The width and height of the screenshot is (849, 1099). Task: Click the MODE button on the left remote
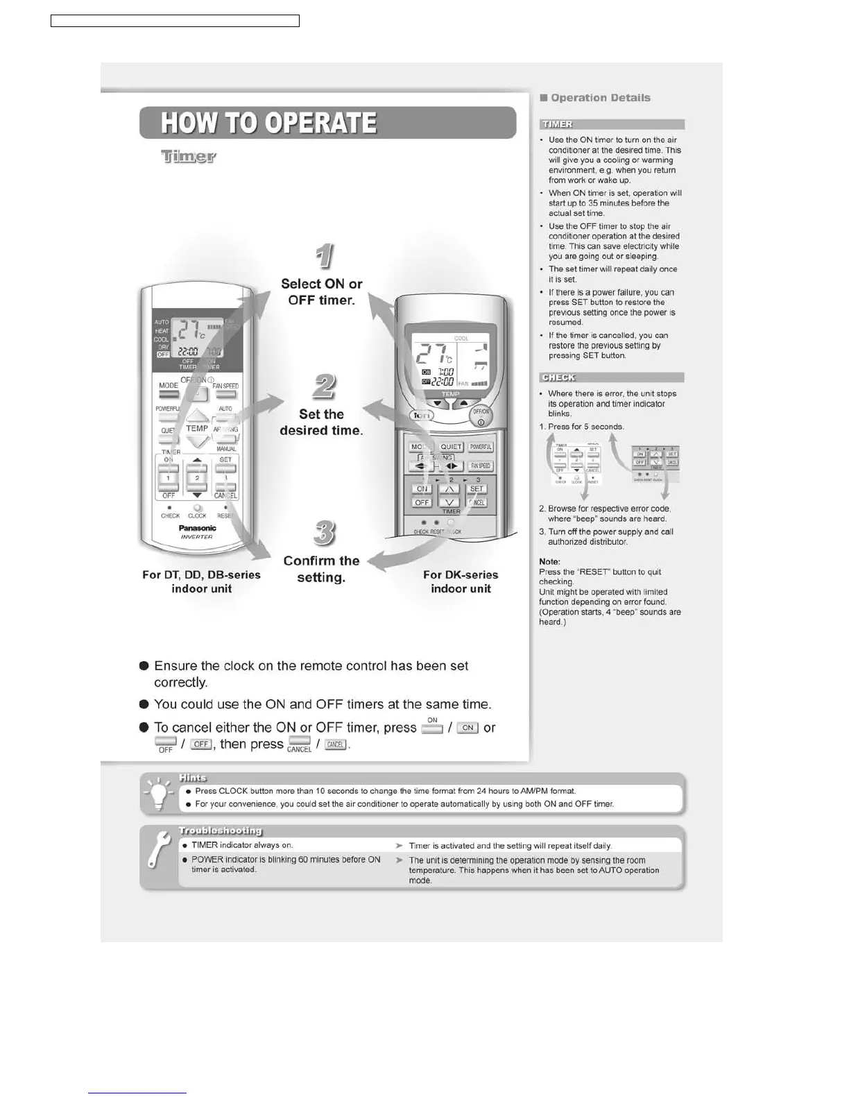pyautogui.click(x=169, y=394)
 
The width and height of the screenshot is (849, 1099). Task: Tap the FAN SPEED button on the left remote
pyautogui.click(x=225, y=394)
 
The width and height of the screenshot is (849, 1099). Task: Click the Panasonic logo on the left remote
pyautogui.click(x=197, y=528)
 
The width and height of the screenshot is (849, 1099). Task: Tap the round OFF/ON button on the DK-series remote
pyautogui.click(x=481, y=416)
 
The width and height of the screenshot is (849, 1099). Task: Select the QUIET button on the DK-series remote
pyautogui.click(x=451, y=447)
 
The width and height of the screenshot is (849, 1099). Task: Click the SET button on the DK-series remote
pyautogui.click(x=477, y=489)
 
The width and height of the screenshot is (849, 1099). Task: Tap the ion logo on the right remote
pyautogui.click(x=422, y=415)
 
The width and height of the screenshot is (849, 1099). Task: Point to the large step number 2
pyautogui.click(x=324, y=386)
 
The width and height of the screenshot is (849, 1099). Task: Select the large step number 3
pyautogui.click(x=324, y=533)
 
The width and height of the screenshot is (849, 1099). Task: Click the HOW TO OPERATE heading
pyautogui.click(x=269, y=123)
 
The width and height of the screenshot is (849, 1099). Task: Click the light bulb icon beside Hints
pyautogui.click(x=159, y=794)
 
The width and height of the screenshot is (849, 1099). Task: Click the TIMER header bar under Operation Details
pyautogui.click(x=612, y=124)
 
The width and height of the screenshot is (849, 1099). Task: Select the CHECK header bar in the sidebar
pyautogui.click(x=612, y=377)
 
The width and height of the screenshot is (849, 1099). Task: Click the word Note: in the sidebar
pyautogui.click(x=549, y=562)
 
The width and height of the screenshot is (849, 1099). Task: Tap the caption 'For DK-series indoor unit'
pyautogui.click(x=461, y=581)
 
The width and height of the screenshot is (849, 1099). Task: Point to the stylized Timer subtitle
pyautogui.click(x=189, y=157)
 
